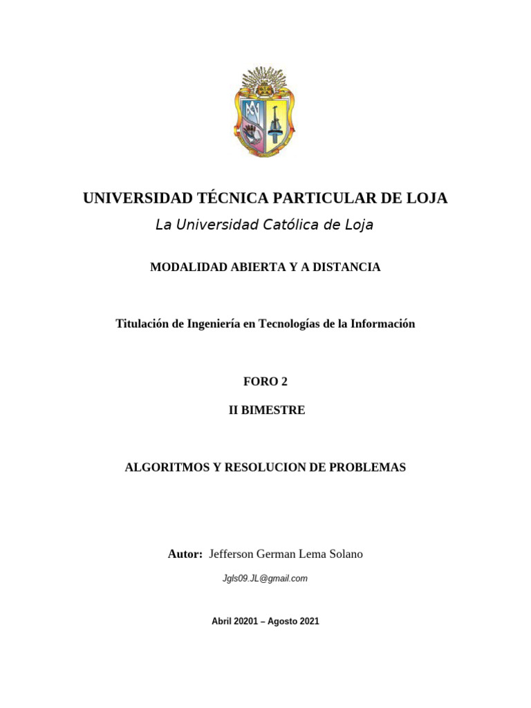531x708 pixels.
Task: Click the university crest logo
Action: (265, 112)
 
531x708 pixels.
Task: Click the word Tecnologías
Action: (289, 324)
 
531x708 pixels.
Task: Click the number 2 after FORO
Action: (283, 382)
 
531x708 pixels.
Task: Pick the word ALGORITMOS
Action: (167, 467)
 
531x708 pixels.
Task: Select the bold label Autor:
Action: (185, 555)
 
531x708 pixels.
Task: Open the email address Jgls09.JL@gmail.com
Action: (265, 579)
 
